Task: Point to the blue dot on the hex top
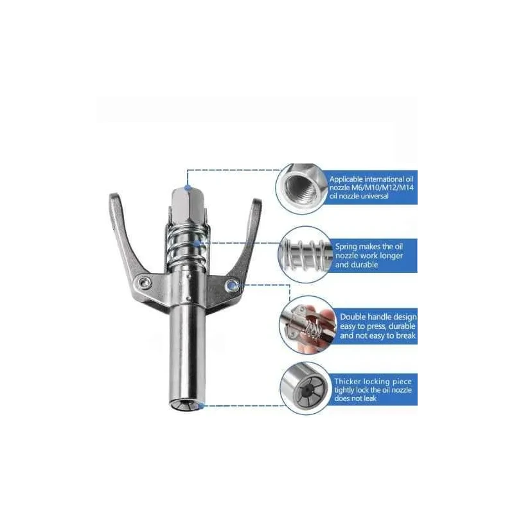coord(186,187)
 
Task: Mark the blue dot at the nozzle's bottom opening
coord(201,405)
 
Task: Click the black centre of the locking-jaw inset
coord(301,390)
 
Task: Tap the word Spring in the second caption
coord(349,246)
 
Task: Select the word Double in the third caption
coord(355,317)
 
